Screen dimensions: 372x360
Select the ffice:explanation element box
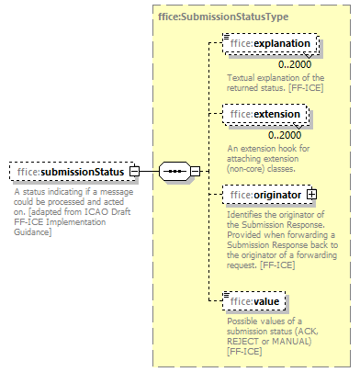pos(272,42)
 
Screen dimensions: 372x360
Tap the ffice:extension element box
pos(267,114)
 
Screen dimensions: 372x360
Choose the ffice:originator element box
pos(266,194)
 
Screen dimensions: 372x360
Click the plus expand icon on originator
pos(311,194)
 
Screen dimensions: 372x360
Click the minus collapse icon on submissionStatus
pos(135,172)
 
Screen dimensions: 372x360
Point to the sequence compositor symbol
pos(174,172)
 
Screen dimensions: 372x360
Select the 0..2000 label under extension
pos(287,135)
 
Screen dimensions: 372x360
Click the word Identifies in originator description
pos(246,212)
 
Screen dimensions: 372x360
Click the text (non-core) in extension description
pos(251,167)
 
